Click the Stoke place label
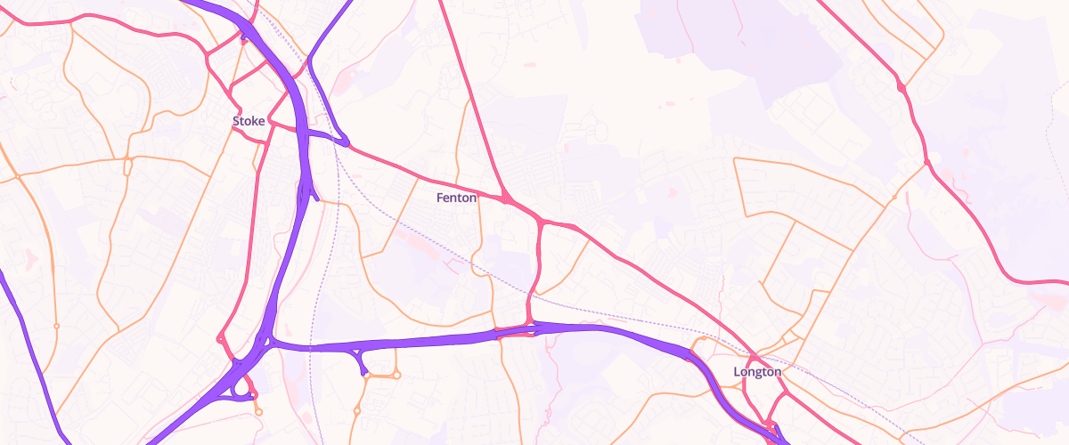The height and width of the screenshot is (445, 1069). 249,120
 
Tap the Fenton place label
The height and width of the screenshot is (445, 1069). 457,198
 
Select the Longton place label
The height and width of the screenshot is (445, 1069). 757,371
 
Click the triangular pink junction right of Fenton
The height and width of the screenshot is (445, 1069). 505,197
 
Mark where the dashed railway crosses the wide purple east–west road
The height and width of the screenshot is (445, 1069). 311,346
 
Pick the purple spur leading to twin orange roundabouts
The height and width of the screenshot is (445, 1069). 363,363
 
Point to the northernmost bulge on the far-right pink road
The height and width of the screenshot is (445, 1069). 902,87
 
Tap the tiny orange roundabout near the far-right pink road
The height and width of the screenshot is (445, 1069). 894,197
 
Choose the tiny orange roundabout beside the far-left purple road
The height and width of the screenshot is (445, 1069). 55,326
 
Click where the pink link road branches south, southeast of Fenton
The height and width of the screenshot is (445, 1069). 541,221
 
